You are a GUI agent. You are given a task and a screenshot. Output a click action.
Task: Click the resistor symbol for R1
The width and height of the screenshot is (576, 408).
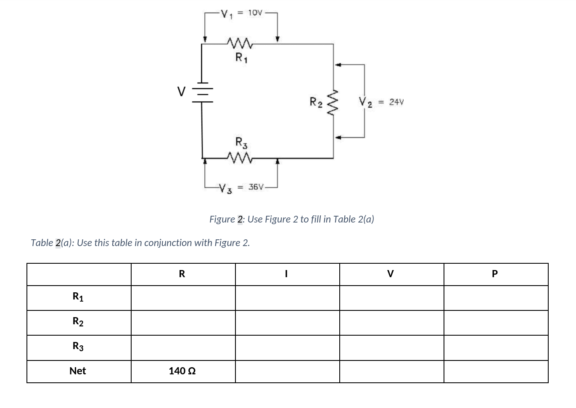240,42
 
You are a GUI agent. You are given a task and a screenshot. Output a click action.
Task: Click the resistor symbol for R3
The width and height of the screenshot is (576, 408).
240,158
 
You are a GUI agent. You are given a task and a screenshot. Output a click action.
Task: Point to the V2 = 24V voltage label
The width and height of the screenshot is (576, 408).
381,102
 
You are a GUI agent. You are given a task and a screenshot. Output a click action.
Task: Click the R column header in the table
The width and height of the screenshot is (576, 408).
182,274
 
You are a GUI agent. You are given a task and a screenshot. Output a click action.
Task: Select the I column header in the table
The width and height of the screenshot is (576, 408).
286,274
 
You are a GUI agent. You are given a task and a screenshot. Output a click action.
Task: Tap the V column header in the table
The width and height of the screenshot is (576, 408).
391,274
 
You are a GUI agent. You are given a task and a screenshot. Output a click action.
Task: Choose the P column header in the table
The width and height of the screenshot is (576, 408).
495,274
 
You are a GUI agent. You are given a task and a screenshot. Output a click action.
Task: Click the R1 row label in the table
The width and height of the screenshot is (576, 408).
78,297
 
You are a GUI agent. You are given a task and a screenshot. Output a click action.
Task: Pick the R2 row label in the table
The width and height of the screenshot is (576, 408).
78,322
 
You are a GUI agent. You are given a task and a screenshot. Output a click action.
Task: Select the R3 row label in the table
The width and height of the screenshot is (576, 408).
78,347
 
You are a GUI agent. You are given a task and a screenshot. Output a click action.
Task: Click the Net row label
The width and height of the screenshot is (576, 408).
78,371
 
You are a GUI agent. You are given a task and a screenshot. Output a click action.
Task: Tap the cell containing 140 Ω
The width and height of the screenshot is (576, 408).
182,371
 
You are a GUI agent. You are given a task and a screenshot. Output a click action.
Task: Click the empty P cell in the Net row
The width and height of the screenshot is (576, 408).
496,371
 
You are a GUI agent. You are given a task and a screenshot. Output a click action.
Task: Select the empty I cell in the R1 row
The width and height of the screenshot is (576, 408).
287,298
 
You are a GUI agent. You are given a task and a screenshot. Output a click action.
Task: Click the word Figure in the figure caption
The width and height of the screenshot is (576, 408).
222,219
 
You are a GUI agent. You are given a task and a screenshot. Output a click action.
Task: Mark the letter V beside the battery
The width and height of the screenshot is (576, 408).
181,91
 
